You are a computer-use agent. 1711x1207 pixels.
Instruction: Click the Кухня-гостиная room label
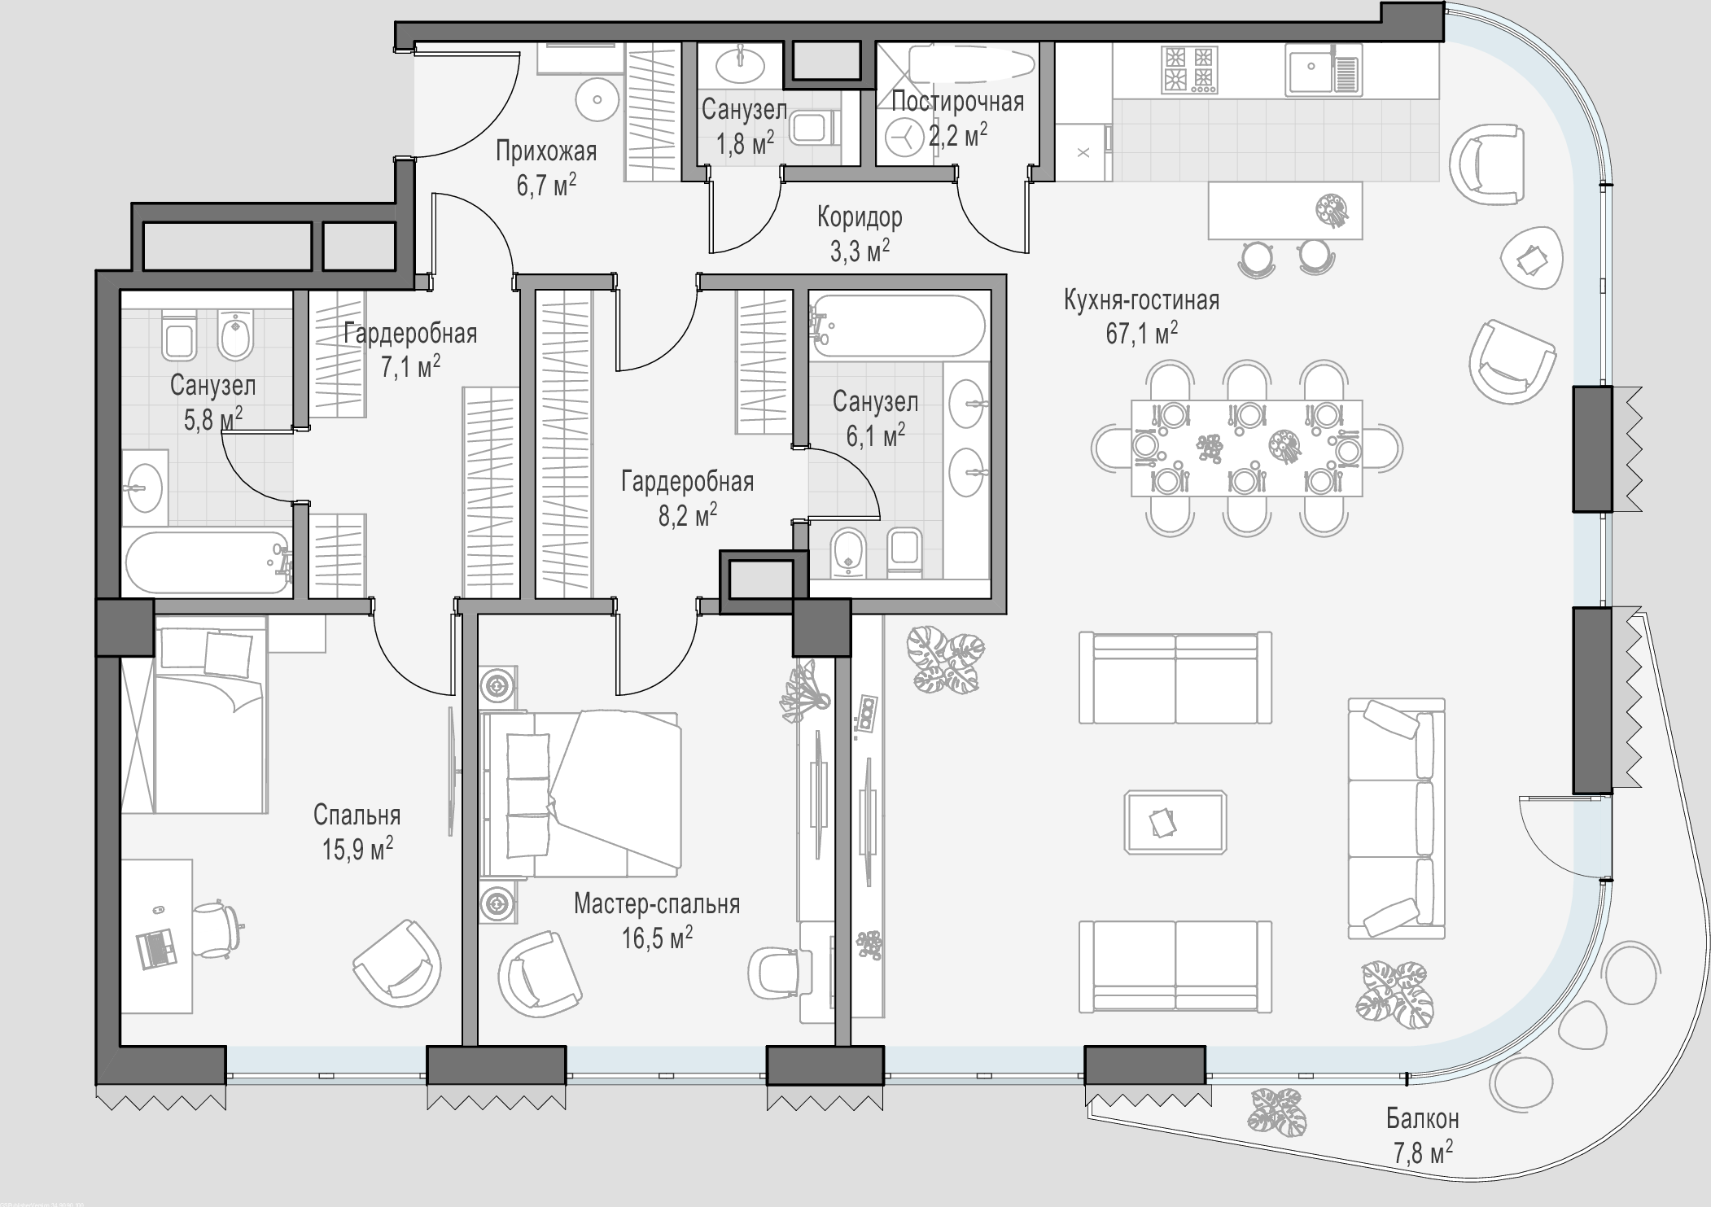pyautogui.click(x=1141, y=300)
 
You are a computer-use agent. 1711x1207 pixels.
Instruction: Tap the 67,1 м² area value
pyautogui.click(x=1141, y=333)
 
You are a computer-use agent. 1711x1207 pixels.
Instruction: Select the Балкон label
pyautogui.click(x=1423, y=1119)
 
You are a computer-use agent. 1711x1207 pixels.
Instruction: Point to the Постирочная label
pyautogui.click(x=957, y=103)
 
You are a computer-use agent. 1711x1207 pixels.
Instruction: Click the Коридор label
pyautogui.click(x=860, y=217)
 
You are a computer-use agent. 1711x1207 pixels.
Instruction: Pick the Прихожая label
pyautogui.click(x=546, y=151)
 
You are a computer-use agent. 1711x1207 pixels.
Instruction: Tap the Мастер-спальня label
pyautogui.click(x=657, y=903)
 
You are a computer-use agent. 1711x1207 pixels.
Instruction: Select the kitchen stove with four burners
pyautogui.click(x=1190, y=68)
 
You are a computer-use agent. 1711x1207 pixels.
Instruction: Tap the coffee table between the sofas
pyautogui.click(x=1175, y=822)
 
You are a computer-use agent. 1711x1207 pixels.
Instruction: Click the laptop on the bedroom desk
pyautogui.click(x=158, y=949)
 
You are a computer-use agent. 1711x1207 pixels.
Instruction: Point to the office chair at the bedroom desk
pyautogui.click(x=218, y=925)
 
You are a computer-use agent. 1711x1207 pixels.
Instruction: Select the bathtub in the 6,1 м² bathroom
pyautogui.click(x=898, y=326)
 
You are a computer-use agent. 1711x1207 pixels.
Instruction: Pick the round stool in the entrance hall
pyautogui.click(x=598, y=100)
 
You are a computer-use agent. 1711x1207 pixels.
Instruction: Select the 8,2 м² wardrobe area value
pyautogui.click(x=688, y=515)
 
